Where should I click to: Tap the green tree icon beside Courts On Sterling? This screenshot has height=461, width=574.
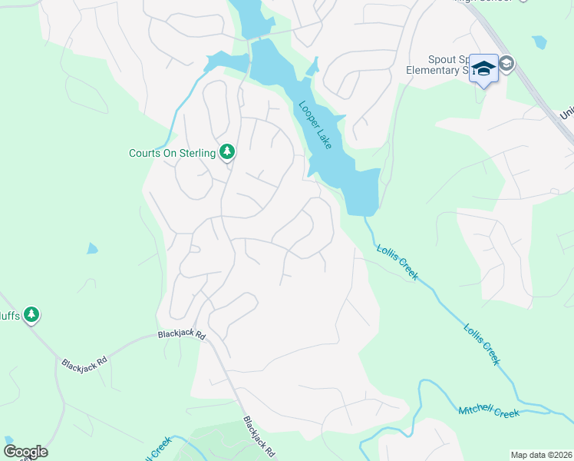tap(226, 152)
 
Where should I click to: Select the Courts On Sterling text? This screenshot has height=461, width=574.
tap(172, 153)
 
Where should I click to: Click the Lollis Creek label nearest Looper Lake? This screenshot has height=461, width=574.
tap(397, 261)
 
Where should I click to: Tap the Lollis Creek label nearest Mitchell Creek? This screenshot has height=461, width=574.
tap(482, 343)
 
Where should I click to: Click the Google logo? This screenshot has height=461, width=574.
tap(25, 452)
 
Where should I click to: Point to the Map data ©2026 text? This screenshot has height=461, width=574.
tap(542, 455)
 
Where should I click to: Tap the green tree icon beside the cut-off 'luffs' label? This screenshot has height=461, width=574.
tap(31, 314)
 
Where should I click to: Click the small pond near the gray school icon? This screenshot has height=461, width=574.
tap(539, 42)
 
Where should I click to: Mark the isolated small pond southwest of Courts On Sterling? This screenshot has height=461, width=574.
tap(92, 248)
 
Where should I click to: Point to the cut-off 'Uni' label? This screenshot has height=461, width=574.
tap(566, 114)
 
